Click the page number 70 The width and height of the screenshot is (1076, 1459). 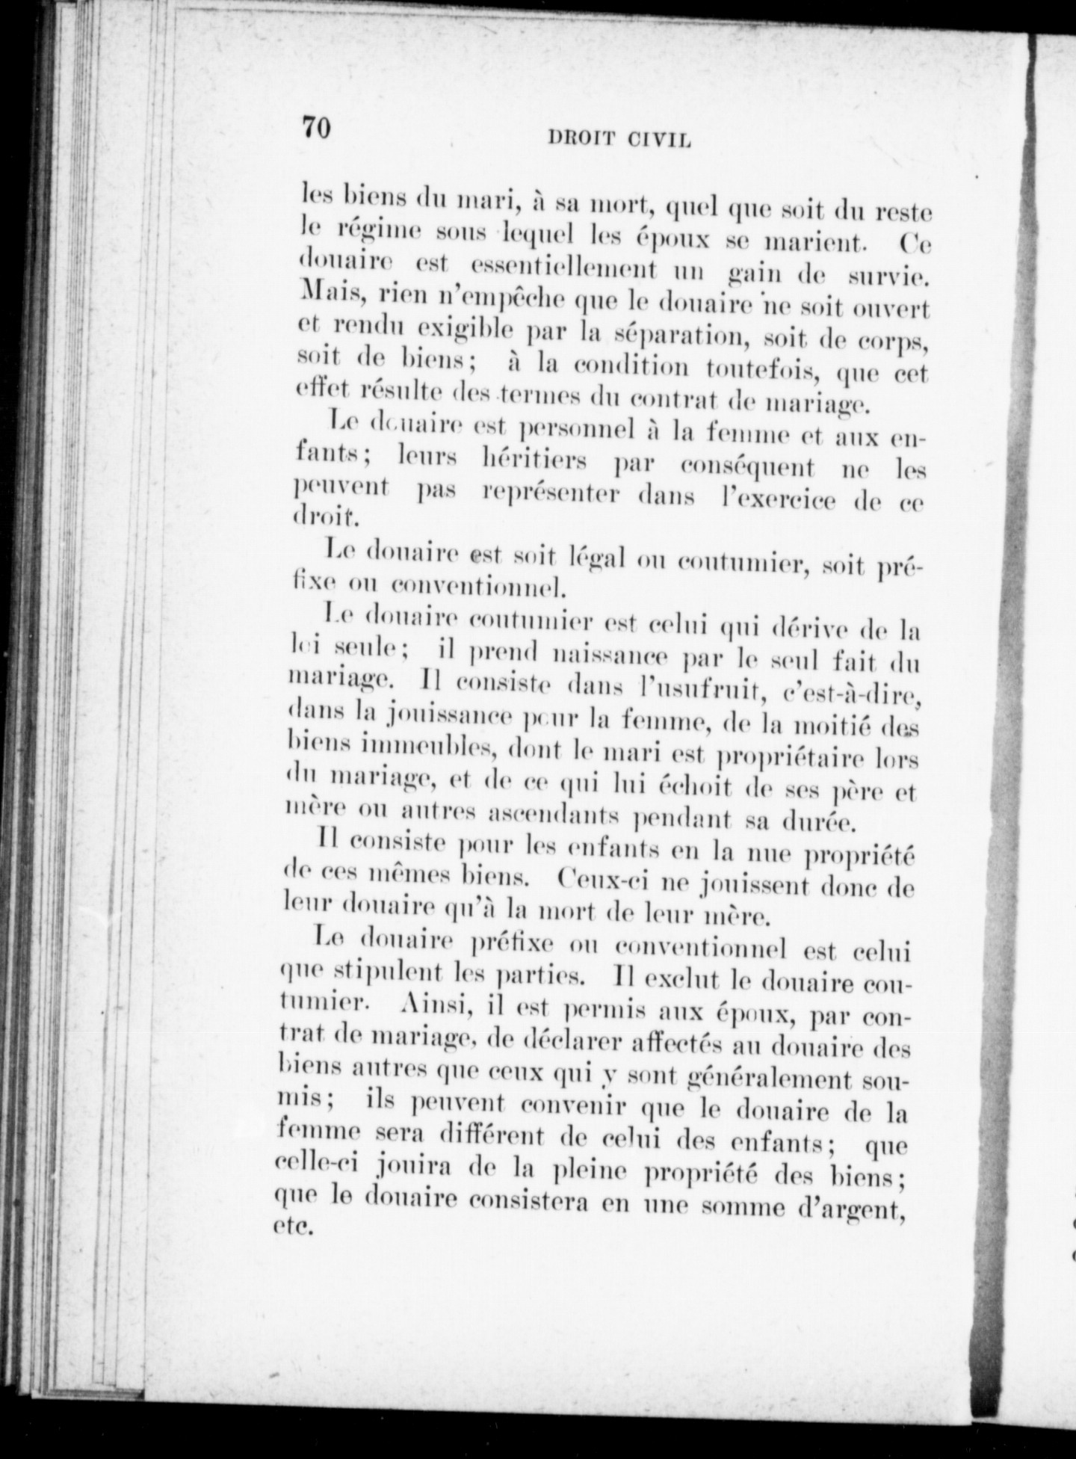317,128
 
